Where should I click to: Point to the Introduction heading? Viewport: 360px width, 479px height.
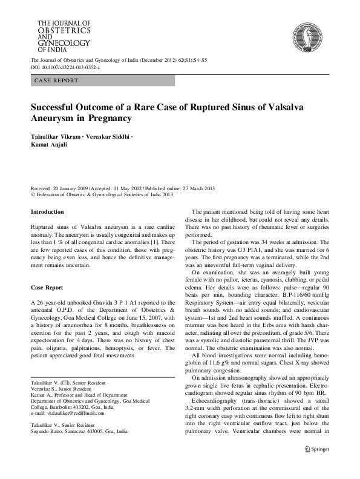click(x=47, y=212)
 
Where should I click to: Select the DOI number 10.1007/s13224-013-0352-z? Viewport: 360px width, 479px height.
click(x=70, y=68)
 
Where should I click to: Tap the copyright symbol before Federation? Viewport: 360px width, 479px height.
click(x=33, y=194)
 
